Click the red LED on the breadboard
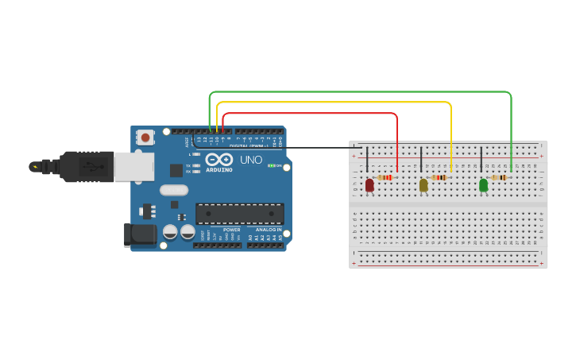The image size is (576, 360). (x=369, y=184)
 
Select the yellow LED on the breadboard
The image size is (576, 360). (x=423, y=184)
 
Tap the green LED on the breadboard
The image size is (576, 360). (x=483, y=184)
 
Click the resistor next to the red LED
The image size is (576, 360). (x=387, y=177)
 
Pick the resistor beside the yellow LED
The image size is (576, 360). (x=439, y=177)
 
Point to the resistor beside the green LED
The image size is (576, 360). (x=500, y=177)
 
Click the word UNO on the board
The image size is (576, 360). (x=251, y=160)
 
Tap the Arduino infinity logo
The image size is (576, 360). (x=219, y=160)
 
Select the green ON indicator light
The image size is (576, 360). (x=271, y=165)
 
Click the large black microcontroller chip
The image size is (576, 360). (x=239, y=213)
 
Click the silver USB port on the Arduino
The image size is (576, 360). (x=133, y=166)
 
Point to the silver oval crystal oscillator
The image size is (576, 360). (x=173, y=190)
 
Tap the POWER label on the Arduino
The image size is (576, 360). (x=231, y=229)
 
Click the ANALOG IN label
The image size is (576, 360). (x=269, y=229)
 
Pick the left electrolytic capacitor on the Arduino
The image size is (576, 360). (x=170, y=232)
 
